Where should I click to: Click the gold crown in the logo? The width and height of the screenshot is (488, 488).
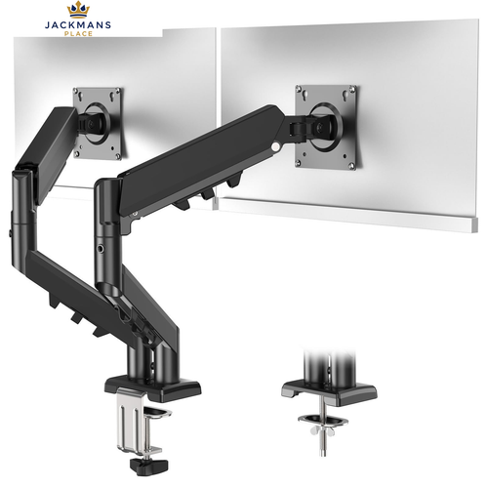[78, 10]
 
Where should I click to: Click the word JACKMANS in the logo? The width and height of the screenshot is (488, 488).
[78, 25]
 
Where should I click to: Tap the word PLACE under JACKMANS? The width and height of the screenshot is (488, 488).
[78, 33]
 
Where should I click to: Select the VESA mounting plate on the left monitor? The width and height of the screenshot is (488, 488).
[97, 123]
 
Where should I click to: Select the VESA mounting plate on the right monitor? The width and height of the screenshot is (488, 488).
[326, 127]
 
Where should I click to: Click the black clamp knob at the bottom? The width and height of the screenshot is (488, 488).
[148, 467]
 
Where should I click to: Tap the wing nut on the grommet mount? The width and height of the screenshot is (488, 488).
[321, 430]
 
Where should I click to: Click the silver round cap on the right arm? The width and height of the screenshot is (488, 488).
[277, 146]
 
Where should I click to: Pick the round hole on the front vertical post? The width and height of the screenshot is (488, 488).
[102, 249]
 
